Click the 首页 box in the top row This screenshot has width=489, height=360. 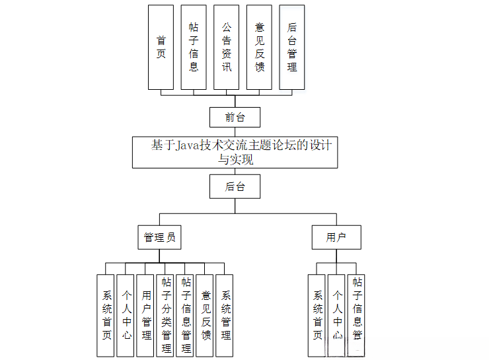(x=161, y=48)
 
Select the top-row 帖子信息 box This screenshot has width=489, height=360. (x=194, y=48)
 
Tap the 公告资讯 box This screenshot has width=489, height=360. (x=227, y=48)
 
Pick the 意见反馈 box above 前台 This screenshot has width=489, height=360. (x=260, y=48)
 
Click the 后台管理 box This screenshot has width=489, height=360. (x=292, y=48)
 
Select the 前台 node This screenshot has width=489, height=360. (x=235, y=118)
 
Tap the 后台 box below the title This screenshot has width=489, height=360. (x=235, y=187)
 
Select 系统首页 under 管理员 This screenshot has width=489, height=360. (x=106, y=316)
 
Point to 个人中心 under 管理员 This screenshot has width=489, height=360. (x=126, y=316)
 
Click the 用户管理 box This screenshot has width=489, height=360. (x=146, y=316)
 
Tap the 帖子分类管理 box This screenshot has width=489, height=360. (x=166, y=316)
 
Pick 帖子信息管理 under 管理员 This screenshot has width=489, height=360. (x=186, y=316)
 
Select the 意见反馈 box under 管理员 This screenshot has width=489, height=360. (x=206, y=316)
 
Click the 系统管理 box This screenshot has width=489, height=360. (x=225, y=316)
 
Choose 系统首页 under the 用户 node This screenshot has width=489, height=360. (x=317, y=316)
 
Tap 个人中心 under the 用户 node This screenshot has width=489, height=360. (x=337, y=316)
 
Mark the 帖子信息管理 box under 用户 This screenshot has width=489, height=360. (x=357, y=316)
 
